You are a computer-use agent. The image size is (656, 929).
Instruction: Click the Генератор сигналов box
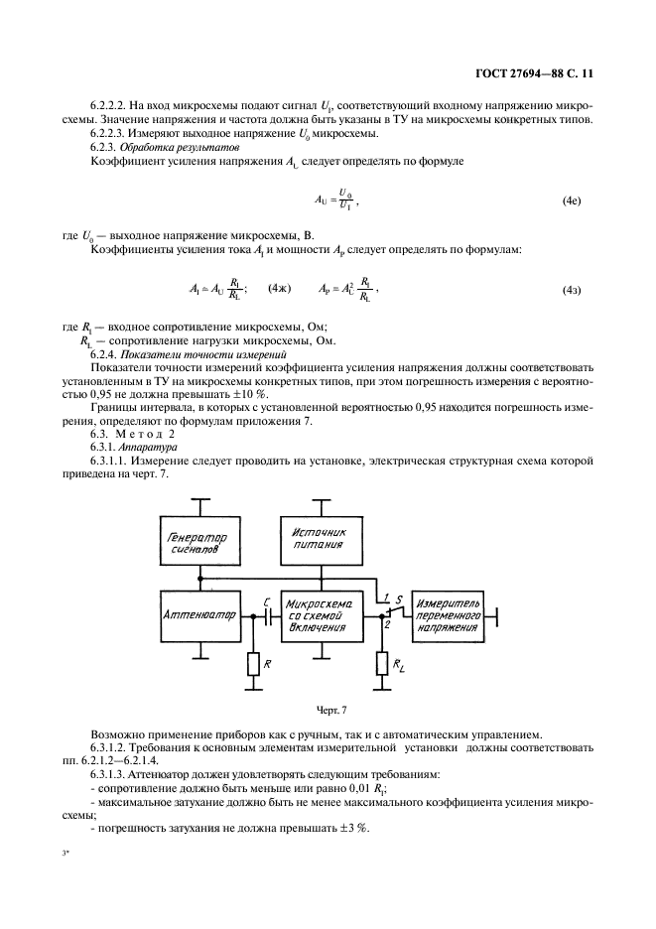click(x=199, y=545)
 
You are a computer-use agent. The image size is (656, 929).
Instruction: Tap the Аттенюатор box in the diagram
click(x=199, y=614)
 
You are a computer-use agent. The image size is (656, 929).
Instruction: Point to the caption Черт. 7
click(x=328, y=709)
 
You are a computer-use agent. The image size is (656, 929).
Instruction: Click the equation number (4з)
click(x=572, y=290)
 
